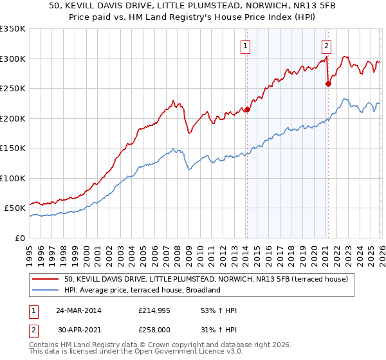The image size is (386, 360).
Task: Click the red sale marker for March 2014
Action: (x=247, y=109)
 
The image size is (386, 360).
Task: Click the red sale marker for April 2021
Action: (x=328, y=84)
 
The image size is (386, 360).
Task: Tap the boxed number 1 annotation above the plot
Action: (x=246, y=45)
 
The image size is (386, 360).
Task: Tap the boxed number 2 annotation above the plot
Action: (x=327, y=45)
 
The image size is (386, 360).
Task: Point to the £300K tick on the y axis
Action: (x=13, y=59)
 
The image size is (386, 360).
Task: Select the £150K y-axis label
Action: (x=13, y=148)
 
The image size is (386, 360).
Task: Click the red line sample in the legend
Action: (x=46, y=279)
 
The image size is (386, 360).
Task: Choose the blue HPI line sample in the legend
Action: (x=46, y=290)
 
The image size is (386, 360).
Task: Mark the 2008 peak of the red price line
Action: (x=173, y=101)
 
